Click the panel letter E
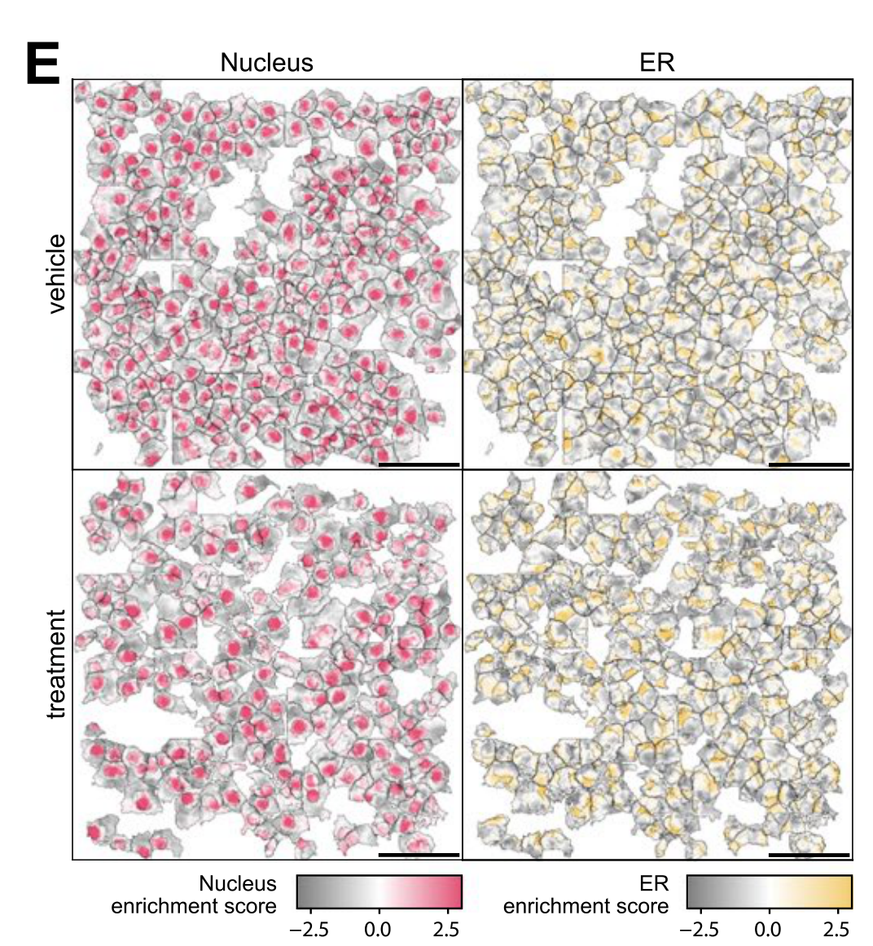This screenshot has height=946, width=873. point(43,64)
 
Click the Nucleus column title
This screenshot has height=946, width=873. point(266,63)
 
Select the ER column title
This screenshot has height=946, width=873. point(656,63)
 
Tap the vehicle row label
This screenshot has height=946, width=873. point(55,274)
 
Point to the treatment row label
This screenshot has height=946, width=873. point(55,664)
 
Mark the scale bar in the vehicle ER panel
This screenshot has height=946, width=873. point(809,464)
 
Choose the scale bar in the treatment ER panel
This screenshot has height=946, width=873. point(809,855)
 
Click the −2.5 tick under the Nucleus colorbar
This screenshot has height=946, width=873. point(309,930)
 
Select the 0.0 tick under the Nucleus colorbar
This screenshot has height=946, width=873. point(378,930)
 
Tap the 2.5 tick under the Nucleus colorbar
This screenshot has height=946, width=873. point(446,930)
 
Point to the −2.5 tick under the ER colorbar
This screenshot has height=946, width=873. point(699,930)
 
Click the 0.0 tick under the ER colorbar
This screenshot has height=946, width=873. point(768,930)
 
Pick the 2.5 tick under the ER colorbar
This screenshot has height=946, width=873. point(836,930)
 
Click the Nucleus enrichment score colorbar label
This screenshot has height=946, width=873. point(195,895)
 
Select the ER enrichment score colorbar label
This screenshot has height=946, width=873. point(586,895)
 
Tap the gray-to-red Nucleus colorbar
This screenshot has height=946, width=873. point(379,891)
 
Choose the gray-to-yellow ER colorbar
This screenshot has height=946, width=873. point(769,891)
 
